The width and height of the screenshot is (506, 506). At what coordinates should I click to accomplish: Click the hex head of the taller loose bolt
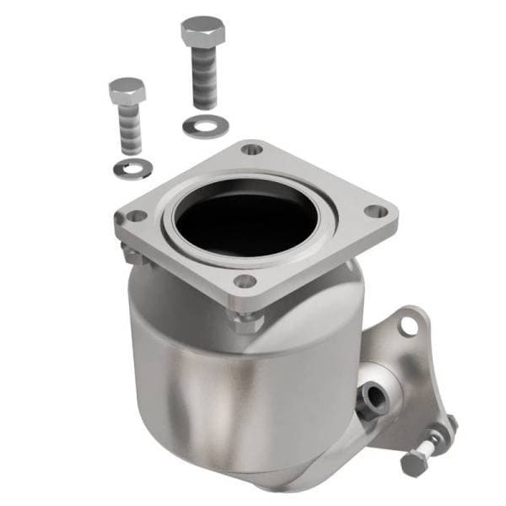202,31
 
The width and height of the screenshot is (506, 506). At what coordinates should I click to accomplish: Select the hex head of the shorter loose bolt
127,90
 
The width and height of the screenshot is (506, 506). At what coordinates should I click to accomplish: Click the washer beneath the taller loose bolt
205,126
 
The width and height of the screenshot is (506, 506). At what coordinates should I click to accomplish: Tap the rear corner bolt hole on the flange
251,149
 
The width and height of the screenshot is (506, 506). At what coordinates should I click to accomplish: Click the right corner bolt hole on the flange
379,211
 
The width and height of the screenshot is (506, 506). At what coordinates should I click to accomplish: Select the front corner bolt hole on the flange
245,281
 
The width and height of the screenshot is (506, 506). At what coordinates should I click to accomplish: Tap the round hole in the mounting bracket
409,324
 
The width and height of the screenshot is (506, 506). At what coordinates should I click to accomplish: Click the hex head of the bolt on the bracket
414,463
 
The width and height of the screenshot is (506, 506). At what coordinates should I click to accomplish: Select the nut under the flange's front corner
246,321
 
